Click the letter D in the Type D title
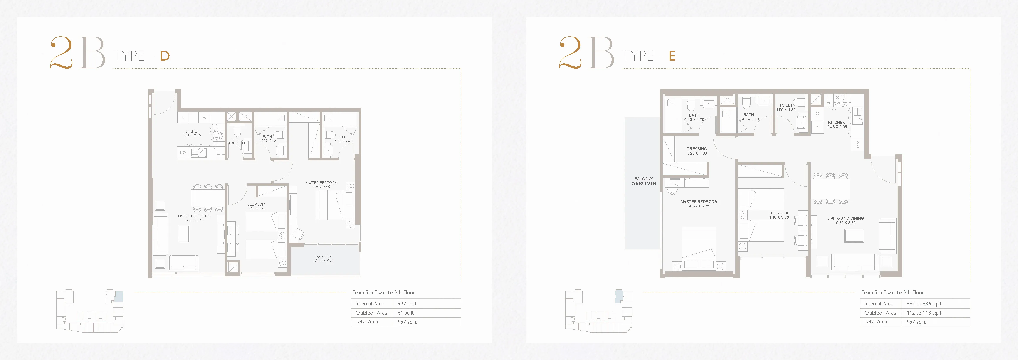[165, 56]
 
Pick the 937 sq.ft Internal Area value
[407, 303]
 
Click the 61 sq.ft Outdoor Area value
[405, 313]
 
